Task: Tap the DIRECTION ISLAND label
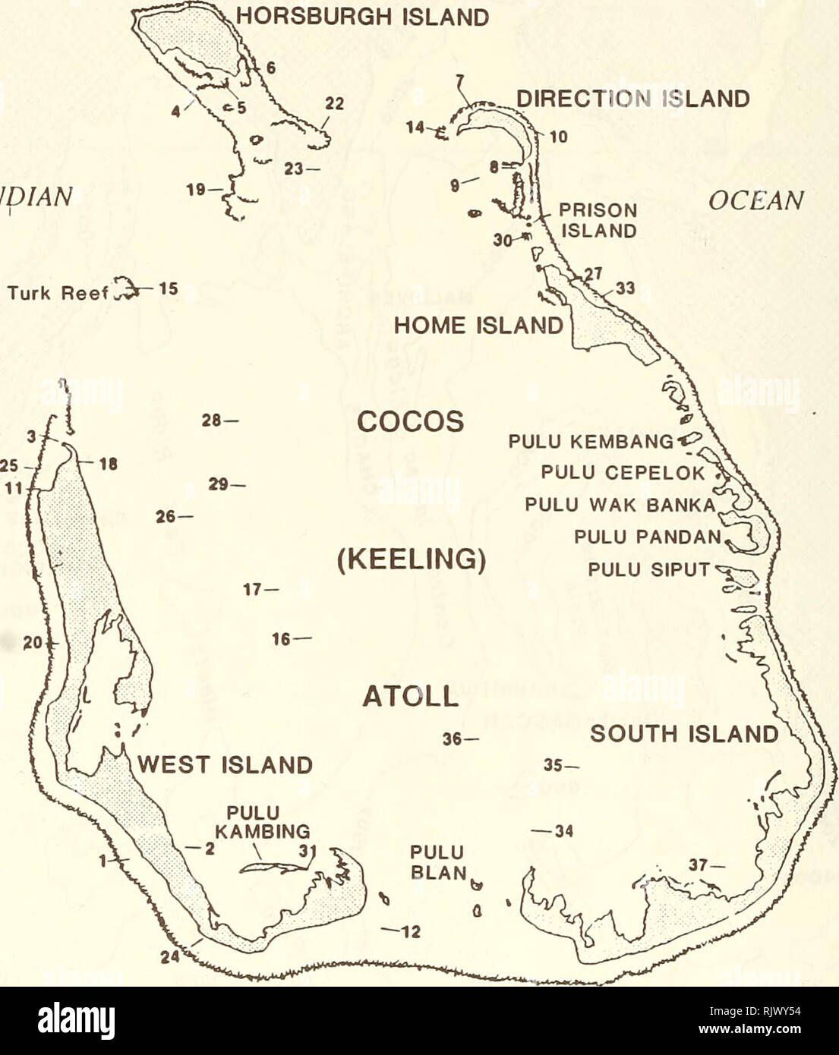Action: [x=632, y=99]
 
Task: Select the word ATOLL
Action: [x=410, y=696]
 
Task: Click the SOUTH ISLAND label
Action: [x=683, y=735]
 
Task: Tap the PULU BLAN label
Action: [x=437, y=862]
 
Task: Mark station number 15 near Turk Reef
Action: [x=167, y=288]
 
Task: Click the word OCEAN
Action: [x=755, y=200]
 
